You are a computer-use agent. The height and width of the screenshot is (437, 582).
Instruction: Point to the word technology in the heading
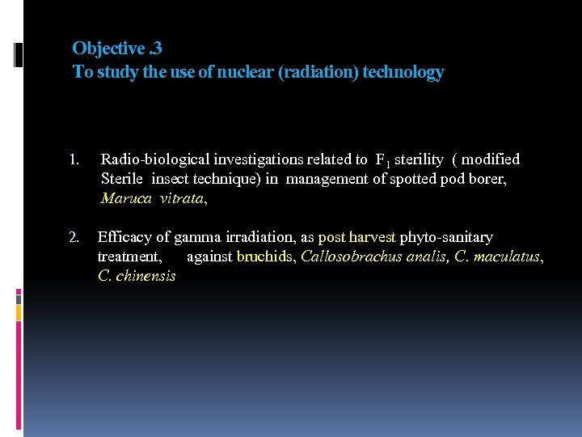pos(403,73)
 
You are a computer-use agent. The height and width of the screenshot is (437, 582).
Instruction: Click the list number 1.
pos(74,160)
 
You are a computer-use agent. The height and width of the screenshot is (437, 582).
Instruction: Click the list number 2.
pos(74,238)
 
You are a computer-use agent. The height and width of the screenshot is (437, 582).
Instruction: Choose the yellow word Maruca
pos(124,197)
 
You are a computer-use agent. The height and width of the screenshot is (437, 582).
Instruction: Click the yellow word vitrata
pos(183,197)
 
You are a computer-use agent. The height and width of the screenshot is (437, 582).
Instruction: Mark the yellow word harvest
pos(371,238)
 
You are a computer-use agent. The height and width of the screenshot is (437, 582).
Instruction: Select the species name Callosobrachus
pos(348,257)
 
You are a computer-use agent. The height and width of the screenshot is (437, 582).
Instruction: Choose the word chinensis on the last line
pos(148,276)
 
